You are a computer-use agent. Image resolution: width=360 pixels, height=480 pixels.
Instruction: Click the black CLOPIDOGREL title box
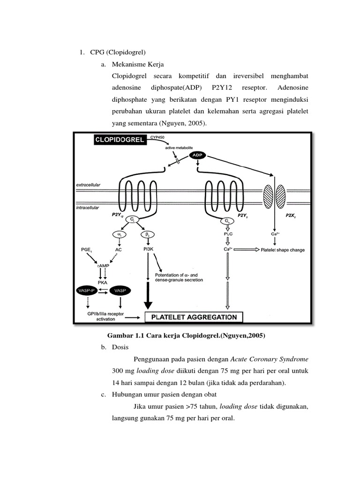(x=119, y=140)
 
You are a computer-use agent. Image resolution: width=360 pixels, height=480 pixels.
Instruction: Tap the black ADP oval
(x=198, y=155)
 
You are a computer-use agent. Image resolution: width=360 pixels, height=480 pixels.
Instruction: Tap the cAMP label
(x=104, y=266)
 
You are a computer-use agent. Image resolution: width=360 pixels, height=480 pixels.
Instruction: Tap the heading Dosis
(x=120, y=347)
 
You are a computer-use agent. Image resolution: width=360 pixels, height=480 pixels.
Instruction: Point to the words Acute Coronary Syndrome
(x=270, y=359)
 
